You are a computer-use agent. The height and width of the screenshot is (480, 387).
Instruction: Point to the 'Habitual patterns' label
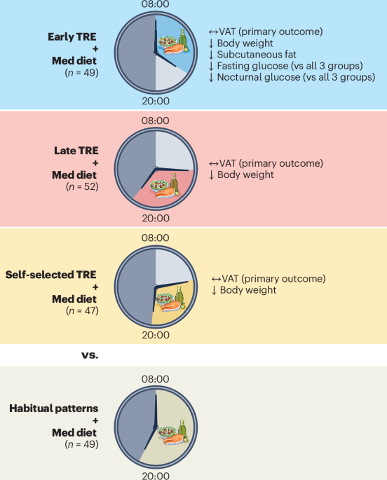(64, 407)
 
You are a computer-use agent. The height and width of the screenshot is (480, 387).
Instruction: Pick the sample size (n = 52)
(82, 187)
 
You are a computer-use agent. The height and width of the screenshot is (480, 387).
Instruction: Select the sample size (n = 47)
(82, 310)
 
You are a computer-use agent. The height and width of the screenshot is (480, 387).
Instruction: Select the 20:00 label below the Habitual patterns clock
(156, 475)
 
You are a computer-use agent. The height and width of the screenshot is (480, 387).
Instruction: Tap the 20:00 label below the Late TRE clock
(156, 218)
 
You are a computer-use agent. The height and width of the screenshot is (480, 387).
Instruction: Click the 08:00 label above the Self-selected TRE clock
(156, 238)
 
